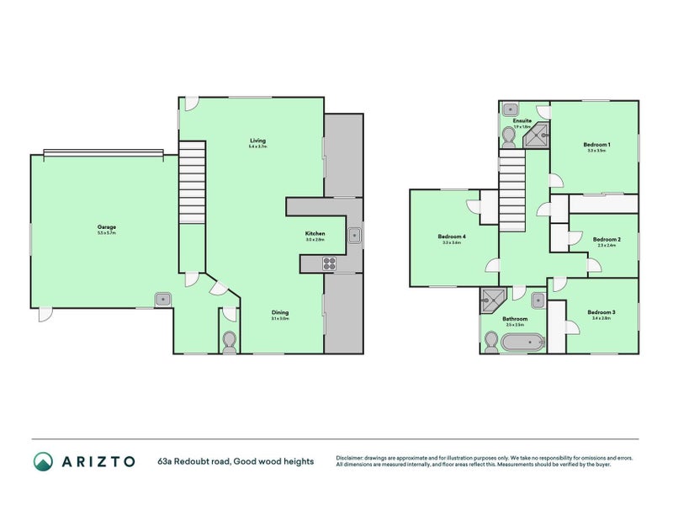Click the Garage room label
pyautogui.click(x=106, y=226)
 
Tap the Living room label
pyautogui.click(x=257, y=140)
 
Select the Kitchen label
pyautogui.click(x=315, y=233)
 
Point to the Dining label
pyautogui.click(x=279, y=312)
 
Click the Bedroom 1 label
pyautogui.click(x=596, y=145)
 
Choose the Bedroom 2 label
pyautogui.click(x=607, y=240)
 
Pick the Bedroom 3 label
pyautogui.click(x=603, y=312)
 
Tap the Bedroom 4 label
pyautogui.click(x=452, y=237)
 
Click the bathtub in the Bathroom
pyautogui.click(x=521, y=342)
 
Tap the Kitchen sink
pyautogui.click(x=354, y=235)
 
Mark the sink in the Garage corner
pyautogui.click(x=162, y=299)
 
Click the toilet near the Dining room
pyautogui.click(x=229, y=341)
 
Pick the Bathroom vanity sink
pyautogui.click(x=537, y=297)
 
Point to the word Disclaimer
pyautogui.click(x=354, y=457)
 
